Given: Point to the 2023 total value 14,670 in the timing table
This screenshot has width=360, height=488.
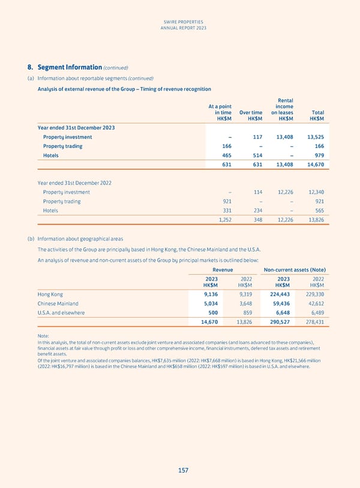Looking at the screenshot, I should click(314, 164).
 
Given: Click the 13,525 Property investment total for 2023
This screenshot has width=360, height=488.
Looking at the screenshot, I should click(314, 137).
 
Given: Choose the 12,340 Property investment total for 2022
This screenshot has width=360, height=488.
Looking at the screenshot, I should click(314, 192).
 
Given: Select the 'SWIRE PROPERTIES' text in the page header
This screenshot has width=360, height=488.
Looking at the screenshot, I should click(180, 19).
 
